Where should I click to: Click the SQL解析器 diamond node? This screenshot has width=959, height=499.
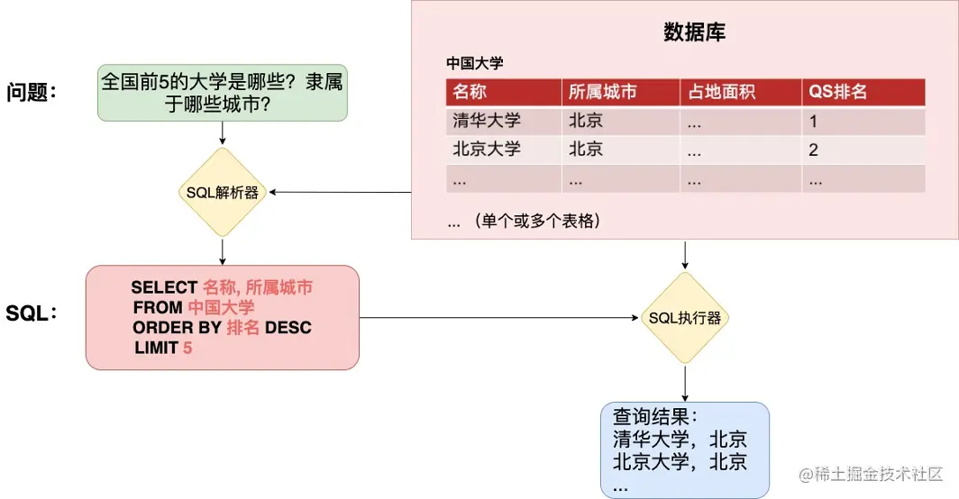click(222, 192)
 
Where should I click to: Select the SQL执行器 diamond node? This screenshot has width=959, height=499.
click(685, 318)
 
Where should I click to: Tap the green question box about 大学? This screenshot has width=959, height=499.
click(222, 93)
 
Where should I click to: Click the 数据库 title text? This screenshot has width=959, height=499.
click(694, 33)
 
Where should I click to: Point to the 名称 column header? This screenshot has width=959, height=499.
click(470, 92)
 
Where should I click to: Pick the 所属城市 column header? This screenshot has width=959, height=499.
click(603, 92)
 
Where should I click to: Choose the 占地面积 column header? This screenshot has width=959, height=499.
click(721, 92)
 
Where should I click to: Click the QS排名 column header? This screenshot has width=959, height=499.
click(838, 92)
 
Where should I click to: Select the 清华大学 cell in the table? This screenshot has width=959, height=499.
click(487, 121)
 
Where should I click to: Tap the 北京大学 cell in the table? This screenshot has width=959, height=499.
click(487, 150)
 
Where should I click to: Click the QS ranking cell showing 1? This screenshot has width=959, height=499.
click(813, 121)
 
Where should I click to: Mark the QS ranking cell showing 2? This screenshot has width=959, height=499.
click(813, 150)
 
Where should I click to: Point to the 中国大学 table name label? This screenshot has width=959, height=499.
click(474, 64)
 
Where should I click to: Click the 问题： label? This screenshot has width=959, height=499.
click(32, 92)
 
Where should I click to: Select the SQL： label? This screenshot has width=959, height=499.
click(32, 313)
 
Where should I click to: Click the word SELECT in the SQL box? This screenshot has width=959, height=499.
click(164, 287)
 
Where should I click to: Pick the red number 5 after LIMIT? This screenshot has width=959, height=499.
click(187, 348)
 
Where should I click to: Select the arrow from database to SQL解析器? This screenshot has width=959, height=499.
click(342, 192)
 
